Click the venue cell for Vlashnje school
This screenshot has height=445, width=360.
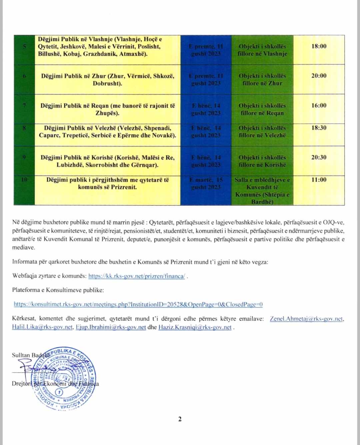click(262, 50)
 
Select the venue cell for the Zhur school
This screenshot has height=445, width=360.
click(262, 79)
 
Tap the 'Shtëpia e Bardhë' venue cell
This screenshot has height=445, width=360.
click(262, 190)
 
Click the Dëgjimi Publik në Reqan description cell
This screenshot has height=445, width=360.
click(107, 109)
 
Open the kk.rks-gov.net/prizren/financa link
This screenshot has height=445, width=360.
click(137, 276)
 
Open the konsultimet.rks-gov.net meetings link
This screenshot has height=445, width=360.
click(138, 304)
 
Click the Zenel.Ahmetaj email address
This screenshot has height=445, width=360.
click(306, 319)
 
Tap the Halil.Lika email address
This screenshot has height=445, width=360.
click(42, 327)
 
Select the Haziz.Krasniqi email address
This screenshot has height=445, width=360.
click(195, 327)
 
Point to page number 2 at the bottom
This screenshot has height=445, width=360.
click(180, 419)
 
